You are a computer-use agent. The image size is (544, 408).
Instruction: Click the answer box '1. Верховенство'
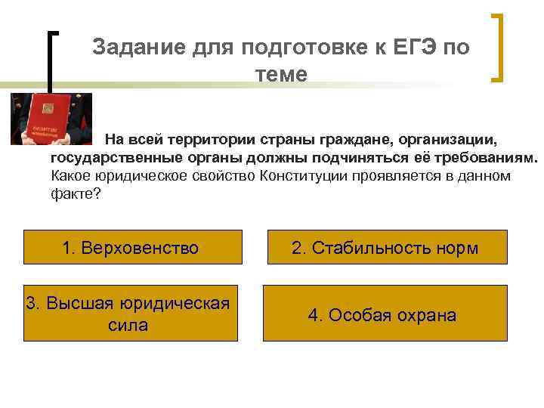click(131, 248)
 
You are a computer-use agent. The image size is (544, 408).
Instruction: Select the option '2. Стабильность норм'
click(387, 248)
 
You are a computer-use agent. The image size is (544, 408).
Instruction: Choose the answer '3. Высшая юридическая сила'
click(128, 314)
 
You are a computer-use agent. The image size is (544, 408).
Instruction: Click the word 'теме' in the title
click(281, 74)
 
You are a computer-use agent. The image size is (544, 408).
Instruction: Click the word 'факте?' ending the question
click(75, 194)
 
